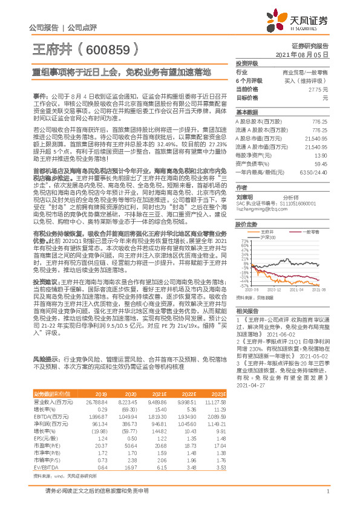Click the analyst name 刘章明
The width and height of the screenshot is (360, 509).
(x=244, y=197)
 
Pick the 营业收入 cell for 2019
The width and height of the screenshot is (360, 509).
(x=97, y=400)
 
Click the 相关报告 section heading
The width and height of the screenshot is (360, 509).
(x=247, y=310)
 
